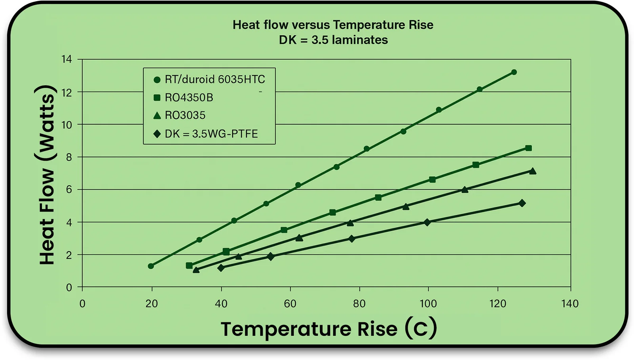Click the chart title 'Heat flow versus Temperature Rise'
[x=333, y=25]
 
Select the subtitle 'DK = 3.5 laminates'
[x=333, y=40]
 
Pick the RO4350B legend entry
[x=189, y=97]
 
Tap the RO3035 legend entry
[x=185, y=115]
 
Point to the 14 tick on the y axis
[x=67, y=59]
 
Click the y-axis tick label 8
[x=69, y=157]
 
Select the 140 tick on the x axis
[x=570, y=304]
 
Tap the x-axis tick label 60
[x=290, y=304]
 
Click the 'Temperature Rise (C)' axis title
[x=328, y=329]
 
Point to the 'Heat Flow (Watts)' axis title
[x=47, y=174]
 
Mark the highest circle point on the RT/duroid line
[x=514, y=72]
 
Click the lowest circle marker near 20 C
[x=151, y=266]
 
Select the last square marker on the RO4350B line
[x=528, y=148]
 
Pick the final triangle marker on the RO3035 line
[x=533, y=171]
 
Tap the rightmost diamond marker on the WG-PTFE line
[x=522, y=203]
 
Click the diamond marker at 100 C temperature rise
[x=427, y=222]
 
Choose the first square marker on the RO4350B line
[x=189, y=266]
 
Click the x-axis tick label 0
[x=82, y=304]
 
